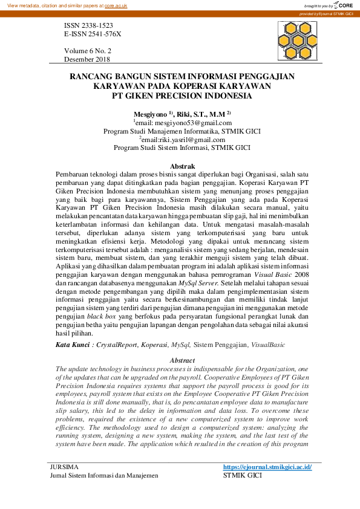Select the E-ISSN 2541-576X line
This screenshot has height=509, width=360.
pos(93,34)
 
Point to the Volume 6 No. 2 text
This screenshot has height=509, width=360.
pos(88,51)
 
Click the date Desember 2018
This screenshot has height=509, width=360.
pos(87,59)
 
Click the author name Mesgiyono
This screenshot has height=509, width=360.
pos(150,113)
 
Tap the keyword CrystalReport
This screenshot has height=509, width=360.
pos(117,345)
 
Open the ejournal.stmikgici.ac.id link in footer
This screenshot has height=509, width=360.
pos(267,467)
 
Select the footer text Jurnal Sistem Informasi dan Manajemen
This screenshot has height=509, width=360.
pos(103,476)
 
